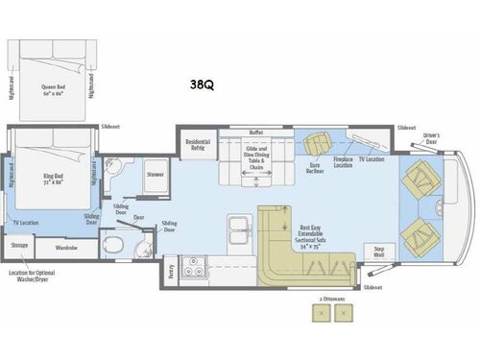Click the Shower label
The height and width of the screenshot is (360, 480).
click(x=155, y=175)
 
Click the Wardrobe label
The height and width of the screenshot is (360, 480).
click(x=66, y=247)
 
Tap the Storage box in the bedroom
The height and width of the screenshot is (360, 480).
click(x=19, y=247)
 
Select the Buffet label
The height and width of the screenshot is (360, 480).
click(x=255, y=132)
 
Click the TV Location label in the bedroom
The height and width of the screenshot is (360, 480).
click(x=25, y=223)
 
